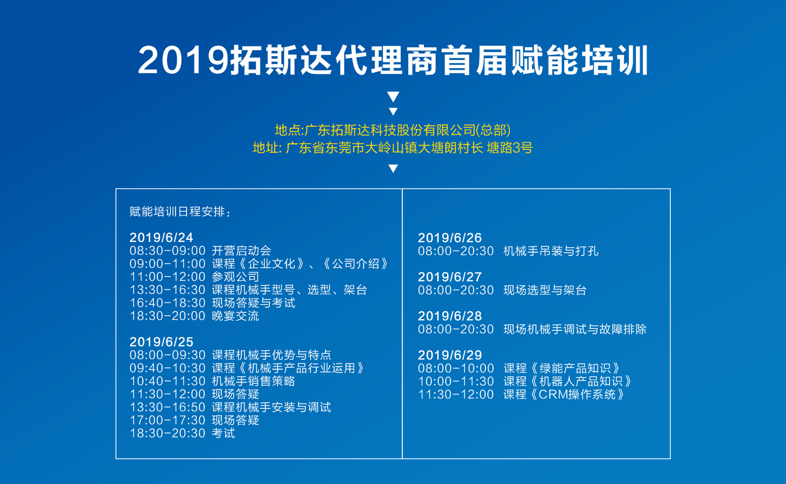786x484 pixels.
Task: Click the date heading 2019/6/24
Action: click(x=161, y=238)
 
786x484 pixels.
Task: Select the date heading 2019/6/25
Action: click(x=161, y=342)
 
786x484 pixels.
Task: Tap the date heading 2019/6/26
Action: click(x=449, y=238)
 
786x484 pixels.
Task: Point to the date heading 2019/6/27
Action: click(x=449, y=277)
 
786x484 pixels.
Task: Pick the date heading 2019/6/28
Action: click(x=449, y=316)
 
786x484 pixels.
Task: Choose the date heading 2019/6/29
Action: click(x=449, y=355)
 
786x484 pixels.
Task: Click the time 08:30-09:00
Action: click(x=167, y=251)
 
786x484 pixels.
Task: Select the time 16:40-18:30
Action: click(x=167, y=303)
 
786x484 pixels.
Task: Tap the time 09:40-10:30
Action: click(x=167, y=368)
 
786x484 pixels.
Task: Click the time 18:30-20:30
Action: click(x=167, y=433)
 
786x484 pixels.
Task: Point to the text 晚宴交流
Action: click(x=235, y=316)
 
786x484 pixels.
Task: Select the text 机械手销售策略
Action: click(x=253, y=381)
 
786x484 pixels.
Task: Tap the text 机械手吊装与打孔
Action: click(x=551, y=251)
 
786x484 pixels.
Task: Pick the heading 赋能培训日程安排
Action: click(x=181, y=212)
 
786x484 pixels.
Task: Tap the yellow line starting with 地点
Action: click(x=393, y=130)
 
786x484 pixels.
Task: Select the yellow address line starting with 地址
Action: click(x=393, y=148)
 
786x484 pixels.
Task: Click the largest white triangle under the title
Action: click(x=393, y=96)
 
